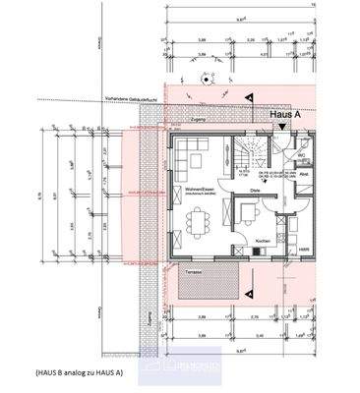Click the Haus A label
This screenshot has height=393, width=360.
[x=285, y=115]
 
